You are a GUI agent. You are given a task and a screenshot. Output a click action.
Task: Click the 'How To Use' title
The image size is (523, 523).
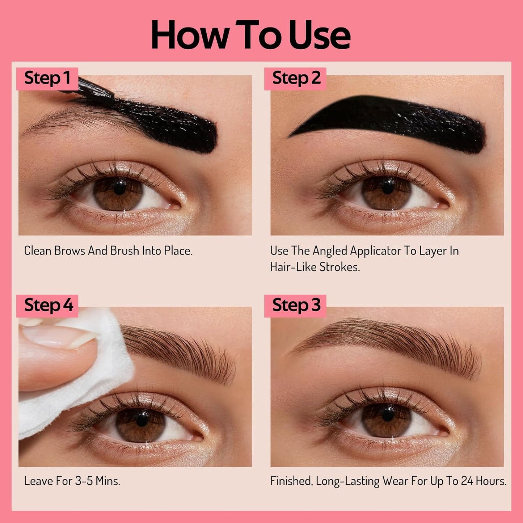(250, 35)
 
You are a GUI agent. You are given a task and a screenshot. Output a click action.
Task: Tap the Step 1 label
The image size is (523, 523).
(47, 78)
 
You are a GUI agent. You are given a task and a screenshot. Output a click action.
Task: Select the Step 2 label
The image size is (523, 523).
(296, 78)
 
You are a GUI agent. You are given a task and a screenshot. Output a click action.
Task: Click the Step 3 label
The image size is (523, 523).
(296, 305)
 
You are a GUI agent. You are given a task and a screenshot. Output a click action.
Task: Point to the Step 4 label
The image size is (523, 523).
(48, 305)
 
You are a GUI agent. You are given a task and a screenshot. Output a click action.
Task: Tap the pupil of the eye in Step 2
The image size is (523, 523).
(388, 187)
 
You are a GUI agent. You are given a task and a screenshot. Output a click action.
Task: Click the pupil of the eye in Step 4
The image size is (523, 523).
(142, 419)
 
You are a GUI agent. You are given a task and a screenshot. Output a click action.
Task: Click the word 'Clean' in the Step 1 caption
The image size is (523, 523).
(37, 251)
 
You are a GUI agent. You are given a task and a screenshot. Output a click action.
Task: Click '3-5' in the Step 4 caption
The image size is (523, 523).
(84, 481)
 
